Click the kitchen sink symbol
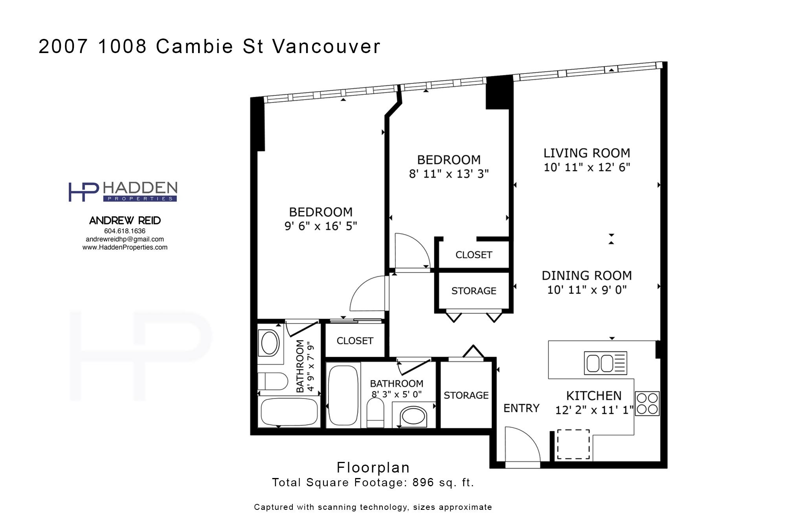point(605,363)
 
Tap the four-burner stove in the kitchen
point(647,403)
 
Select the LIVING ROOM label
point(587,153)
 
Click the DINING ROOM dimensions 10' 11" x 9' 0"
point(587,290)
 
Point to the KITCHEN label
point(594,395)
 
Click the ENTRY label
point(522,408)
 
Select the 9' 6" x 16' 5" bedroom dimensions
point(321,226)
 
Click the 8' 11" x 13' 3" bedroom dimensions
point(449,174)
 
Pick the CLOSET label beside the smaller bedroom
point(474,255)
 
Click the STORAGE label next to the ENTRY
point(466,395)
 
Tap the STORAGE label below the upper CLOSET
point(474,291)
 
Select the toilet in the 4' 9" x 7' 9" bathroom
point(273,381)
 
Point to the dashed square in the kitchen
point(573,444)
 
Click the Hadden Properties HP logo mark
point(83,192)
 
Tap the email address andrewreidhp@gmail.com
point(125,239)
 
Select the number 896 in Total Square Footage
point(423,482)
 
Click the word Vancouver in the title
point(326,46)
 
